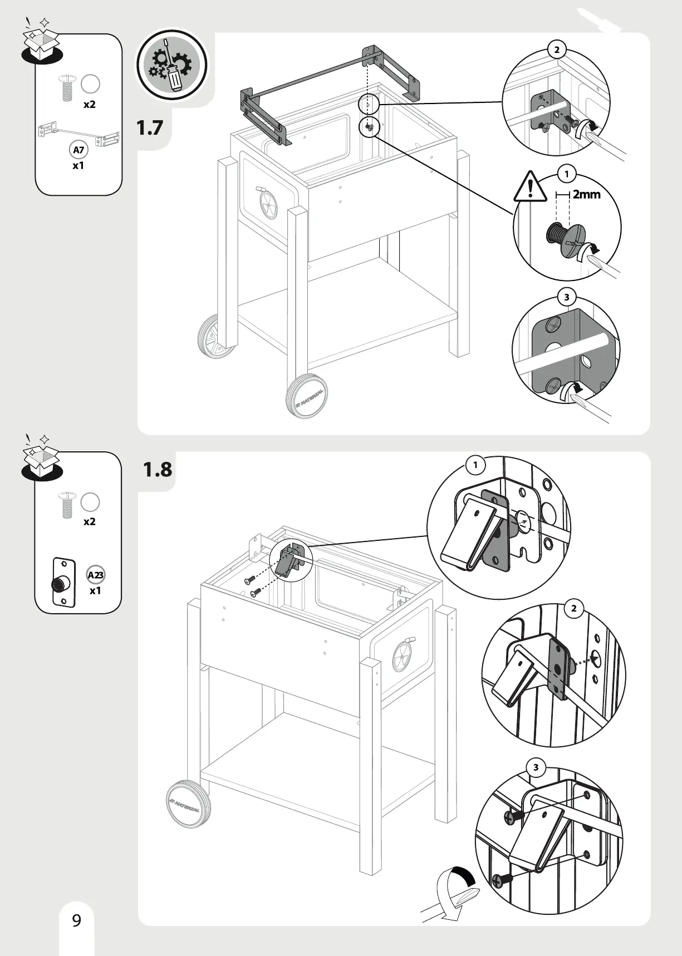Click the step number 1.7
tap(150, 127)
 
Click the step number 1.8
tap(158, 469)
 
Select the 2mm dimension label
tap(586, 194)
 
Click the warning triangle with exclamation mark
tap(530, 187)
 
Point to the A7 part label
tap(78, 150)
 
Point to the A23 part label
tap(96, 575)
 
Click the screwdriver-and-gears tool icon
tap(172, 65)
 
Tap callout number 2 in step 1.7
tap(557, 50)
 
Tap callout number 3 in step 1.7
tap(567, 297)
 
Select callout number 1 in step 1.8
tap(475, 465)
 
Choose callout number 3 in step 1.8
tap(536, 768)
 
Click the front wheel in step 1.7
tap(307, 396)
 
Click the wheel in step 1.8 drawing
tap(189, 803)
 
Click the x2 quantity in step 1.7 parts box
tap(89, 104)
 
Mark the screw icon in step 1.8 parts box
tap(67, 505)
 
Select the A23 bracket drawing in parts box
tap(63, 582)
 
